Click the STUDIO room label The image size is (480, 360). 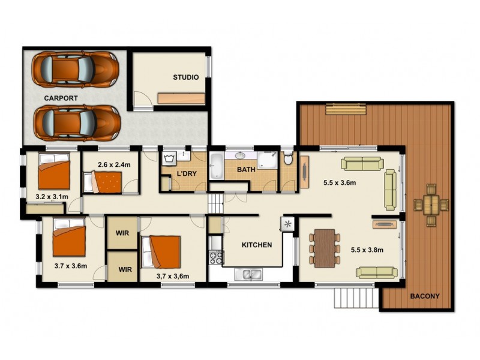click(186, 77)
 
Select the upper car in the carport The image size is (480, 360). click(75, 68)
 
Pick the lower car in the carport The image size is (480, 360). click(76, 122)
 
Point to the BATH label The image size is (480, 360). click(246, 170)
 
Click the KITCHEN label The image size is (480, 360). click(257, 245)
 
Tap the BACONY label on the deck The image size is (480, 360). click(425, 296)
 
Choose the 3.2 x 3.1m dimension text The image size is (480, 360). click(52, 196)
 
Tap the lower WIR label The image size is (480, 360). click(125, 270)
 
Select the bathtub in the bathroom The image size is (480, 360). click(217, 166)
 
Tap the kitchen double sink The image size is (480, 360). click(249, 275)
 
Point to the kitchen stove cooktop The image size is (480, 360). click(215, 259)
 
